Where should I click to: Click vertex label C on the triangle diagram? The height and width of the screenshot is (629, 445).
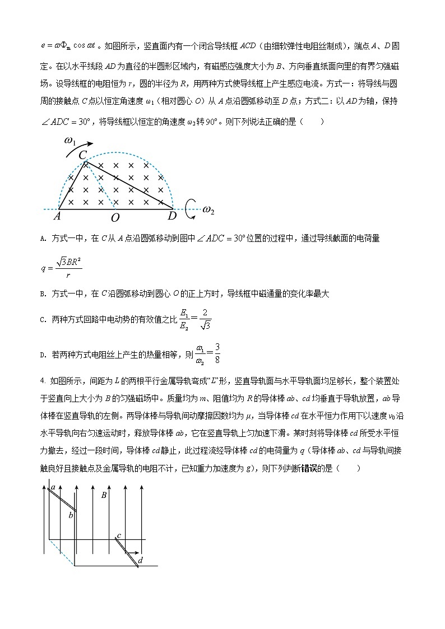[x=82, y=155]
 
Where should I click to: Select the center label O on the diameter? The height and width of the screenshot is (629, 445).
[x=115, y=217]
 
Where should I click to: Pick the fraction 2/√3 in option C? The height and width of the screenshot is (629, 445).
[x=205, y=319]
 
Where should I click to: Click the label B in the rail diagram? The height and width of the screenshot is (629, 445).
[x=104, y=495]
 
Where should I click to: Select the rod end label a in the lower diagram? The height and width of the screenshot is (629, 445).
[x=53, y=487]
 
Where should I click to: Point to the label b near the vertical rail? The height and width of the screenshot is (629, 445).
[x=71, y=514]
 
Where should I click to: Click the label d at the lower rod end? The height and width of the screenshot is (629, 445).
[x=140, y=560]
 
